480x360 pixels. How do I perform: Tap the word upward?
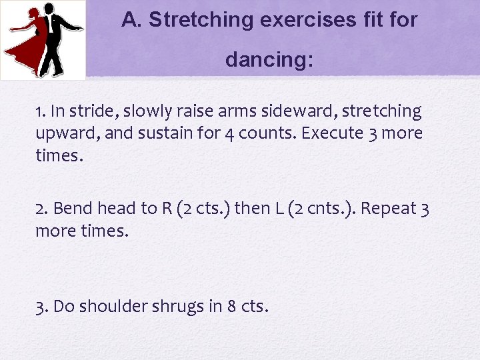coord(66,133)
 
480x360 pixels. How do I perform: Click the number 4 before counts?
coord(228,134)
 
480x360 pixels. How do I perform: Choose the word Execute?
coord(332,133)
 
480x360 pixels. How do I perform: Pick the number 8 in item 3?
coord(231,307)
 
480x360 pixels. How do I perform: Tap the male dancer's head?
coord(50,9)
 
